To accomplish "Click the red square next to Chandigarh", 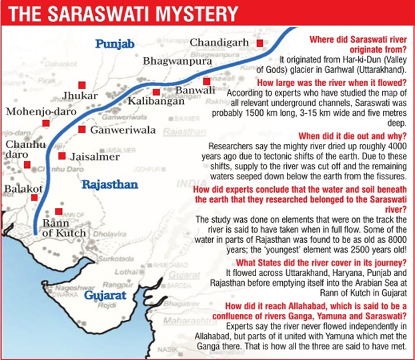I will pyautogui.click(x=260, y=43).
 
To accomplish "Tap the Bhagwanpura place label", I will pyautogui.click(x=178, y=61).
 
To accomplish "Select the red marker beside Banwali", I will pyautogui.click(x=207, y=81).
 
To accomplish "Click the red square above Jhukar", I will pyautogui.click(x=82, y=85).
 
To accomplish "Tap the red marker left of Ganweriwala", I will pyautogui.click(x=81, y=129).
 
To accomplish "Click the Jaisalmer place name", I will pyautogui.click(x=94, y=157).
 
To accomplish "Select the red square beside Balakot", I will pyautogui.click(x=34, y=197).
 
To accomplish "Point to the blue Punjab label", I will pyautogui.click(x=115, y=44).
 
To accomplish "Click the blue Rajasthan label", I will pyautogui.click(x=110, y=184).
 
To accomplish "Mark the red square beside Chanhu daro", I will pyautogui.click(x=27, y=165).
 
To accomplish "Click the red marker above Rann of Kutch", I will pyautogui.click(x=59, y=211).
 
